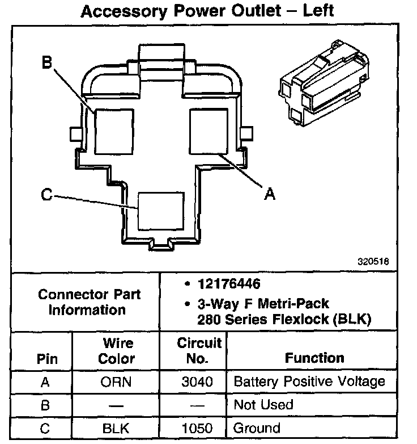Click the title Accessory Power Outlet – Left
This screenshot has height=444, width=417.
tap(208, 11)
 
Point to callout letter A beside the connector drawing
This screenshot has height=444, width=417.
tap(270, 194)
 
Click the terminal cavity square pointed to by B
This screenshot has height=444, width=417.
tap(113, 129)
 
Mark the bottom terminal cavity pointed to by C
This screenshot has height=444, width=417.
tap(161, 210)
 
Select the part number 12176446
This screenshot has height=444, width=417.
tap(229, 283)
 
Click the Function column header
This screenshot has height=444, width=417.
tap(314, 358)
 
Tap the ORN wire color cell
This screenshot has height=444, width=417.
tap(117, 382)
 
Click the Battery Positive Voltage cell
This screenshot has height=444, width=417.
tap(309, 382)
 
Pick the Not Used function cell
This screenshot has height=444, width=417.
tap(263, 405)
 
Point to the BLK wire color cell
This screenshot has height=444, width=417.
tap(117, 428)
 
